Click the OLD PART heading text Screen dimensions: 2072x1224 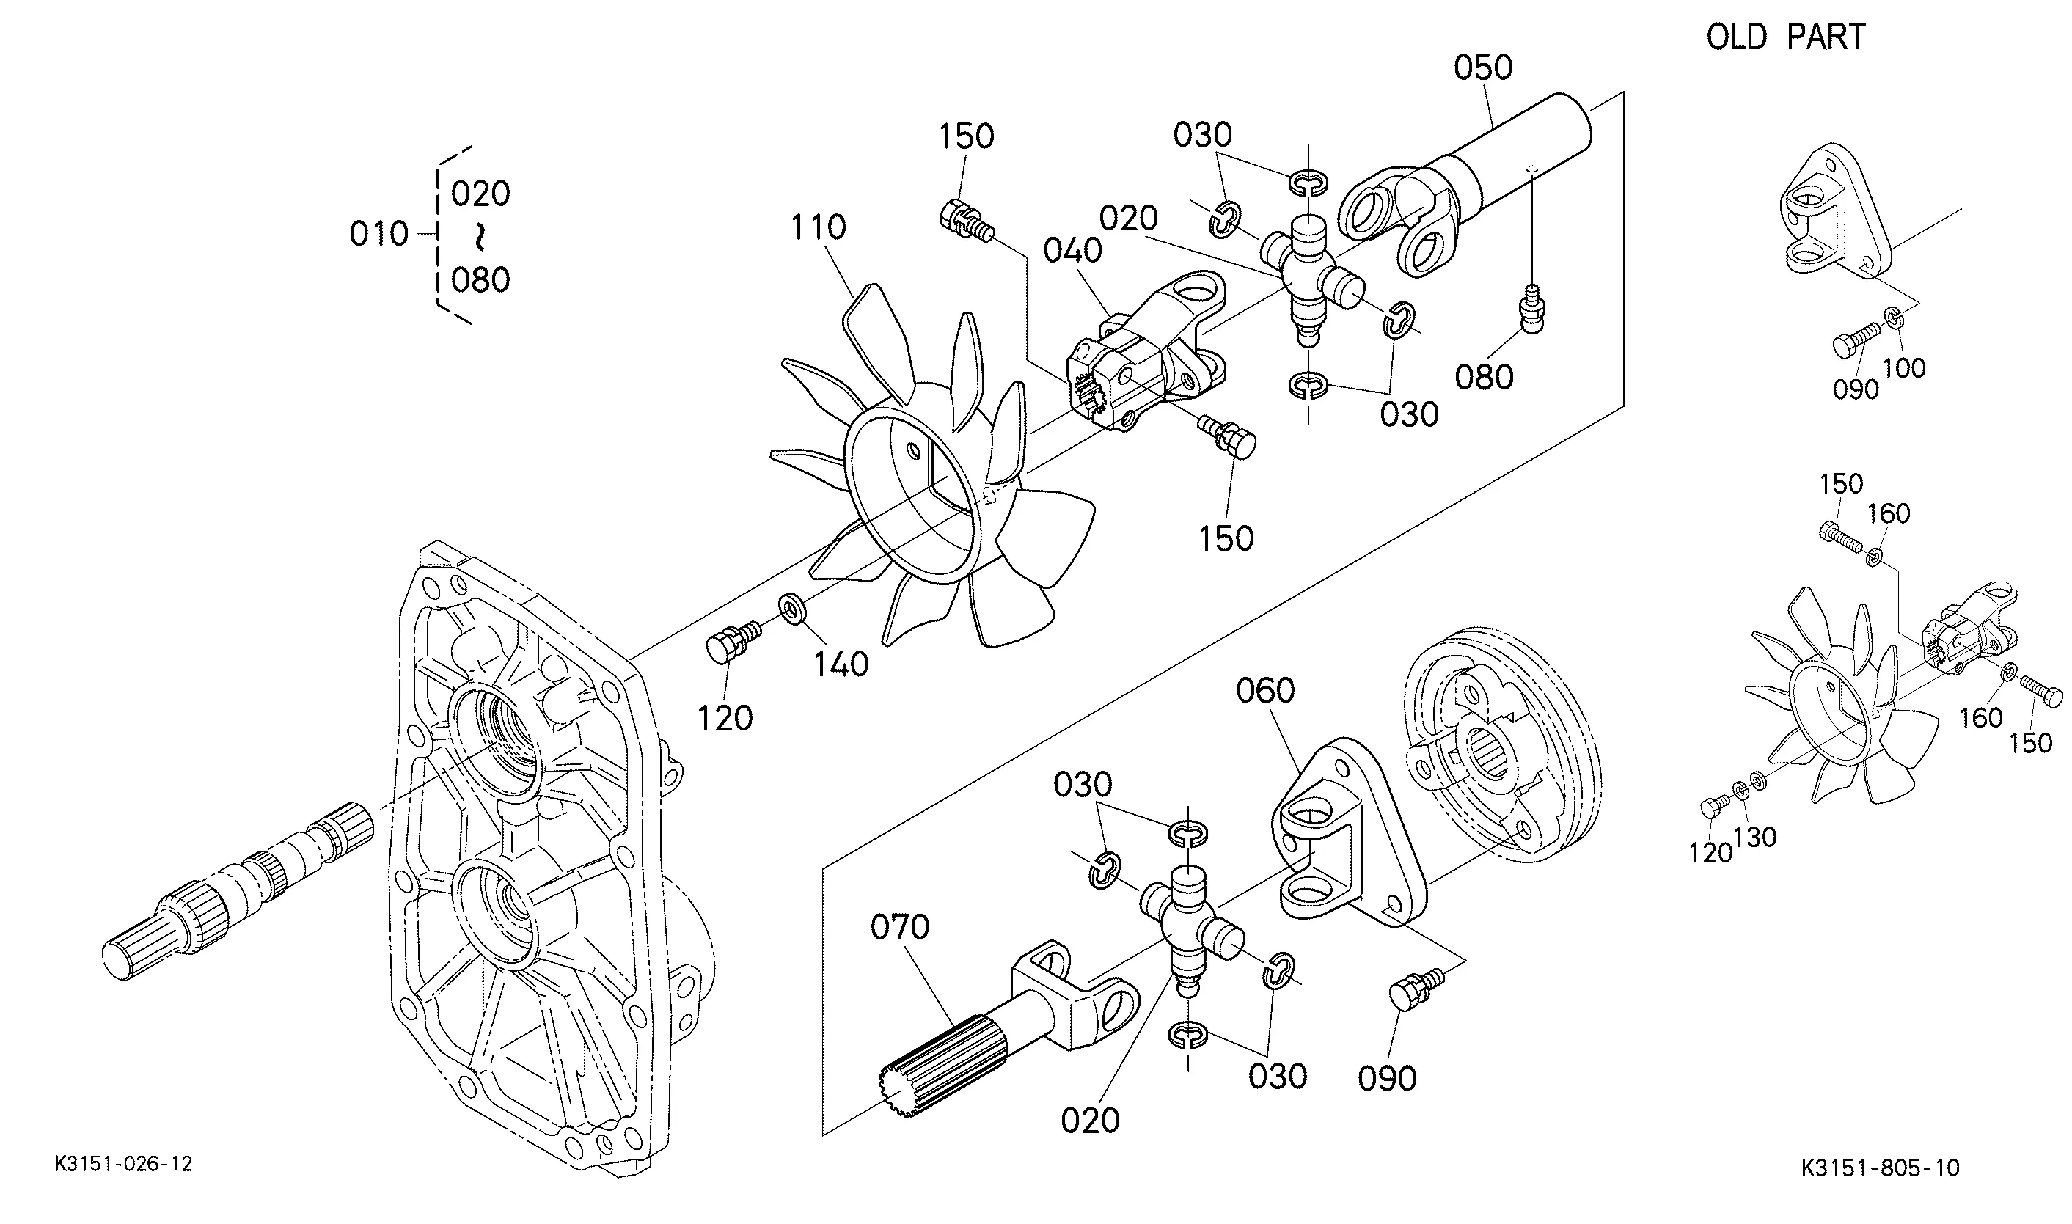pyautogui.click(x=1786, y=37)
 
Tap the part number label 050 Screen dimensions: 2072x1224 pyautogui.click(x=1483, y=67)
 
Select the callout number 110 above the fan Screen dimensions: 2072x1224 pyautogui.click(x=819, y=227)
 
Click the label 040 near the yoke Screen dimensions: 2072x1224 pyautogui.click(x=1072, y=250)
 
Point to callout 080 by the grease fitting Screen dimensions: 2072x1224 pyautogui.click(x=1484, y=377)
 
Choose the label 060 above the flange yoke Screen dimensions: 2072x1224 pyautogui.click(x=1265, y=690)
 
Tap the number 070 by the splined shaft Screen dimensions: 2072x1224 pyautogui.click(x=900, y=927)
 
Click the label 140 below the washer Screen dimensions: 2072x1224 pyautogui.click(x=841, y=663)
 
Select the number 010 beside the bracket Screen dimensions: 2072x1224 pyautogui.click(x=378, y=234)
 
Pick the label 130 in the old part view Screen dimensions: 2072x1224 pyautogui.click(x=1755, y=838)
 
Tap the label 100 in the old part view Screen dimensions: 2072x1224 pyautogui.click(x=1905, y=368)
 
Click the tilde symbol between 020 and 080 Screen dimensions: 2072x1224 pyautogui.click(x=479, y=238)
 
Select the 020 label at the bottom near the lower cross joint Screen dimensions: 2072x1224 pyautogui.click(x=1090, y=1120)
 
